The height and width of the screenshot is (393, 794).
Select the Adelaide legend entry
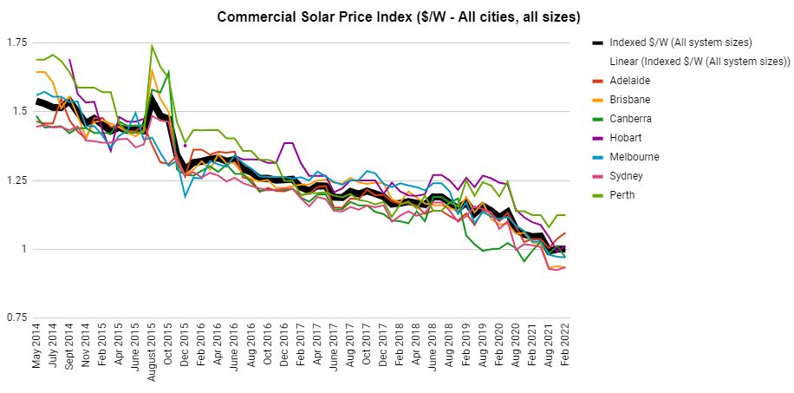click(x=629, y=81)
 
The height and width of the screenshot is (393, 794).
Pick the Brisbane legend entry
click(x=630, y=100)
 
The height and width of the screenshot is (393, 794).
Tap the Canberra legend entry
click(x=632, y=119)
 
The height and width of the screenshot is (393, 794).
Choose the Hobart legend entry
click(x=627, y=138)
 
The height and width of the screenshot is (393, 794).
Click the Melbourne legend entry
click(x=635, y=157)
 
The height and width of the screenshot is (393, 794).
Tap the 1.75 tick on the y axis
click(x=16, y=43)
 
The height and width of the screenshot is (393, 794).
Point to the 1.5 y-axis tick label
click(x=19, y=111)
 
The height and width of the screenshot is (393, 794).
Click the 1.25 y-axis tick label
click(x=16, y=180)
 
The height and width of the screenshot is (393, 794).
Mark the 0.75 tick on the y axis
click(x=16, y=318)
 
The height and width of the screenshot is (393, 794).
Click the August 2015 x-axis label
click(x=152, y=357)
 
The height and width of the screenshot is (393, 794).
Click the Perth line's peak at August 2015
click(x=152, y=46)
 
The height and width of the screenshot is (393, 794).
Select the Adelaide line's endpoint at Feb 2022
click(x=565, y=233)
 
